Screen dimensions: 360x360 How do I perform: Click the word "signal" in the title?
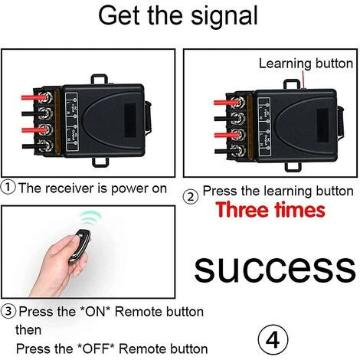(224, 16)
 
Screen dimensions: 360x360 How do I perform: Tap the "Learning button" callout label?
(306, 64)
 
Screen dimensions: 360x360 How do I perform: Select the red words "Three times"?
(270, 210)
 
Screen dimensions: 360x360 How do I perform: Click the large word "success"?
(275, 269)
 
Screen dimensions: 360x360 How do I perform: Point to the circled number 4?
(273, 340)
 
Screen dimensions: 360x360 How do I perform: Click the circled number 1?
(8, 188)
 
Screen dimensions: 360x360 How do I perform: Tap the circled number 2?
(191, 197)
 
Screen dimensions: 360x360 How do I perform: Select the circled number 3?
(8, 312)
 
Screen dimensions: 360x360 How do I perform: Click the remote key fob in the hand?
(80, 246)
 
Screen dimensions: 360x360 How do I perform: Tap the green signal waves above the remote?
(90, 218)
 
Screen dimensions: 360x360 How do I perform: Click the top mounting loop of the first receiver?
(99, 79)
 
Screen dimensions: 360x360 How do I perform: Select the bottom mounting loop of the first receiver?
(100, 162)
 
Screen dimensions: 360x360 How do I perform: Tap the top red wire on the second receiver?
(227, 103)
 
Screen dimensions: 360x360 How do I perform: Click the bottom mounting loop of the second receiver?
(293, 167)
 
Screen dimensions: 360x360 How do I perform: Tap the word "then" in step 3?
(28, 330)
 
